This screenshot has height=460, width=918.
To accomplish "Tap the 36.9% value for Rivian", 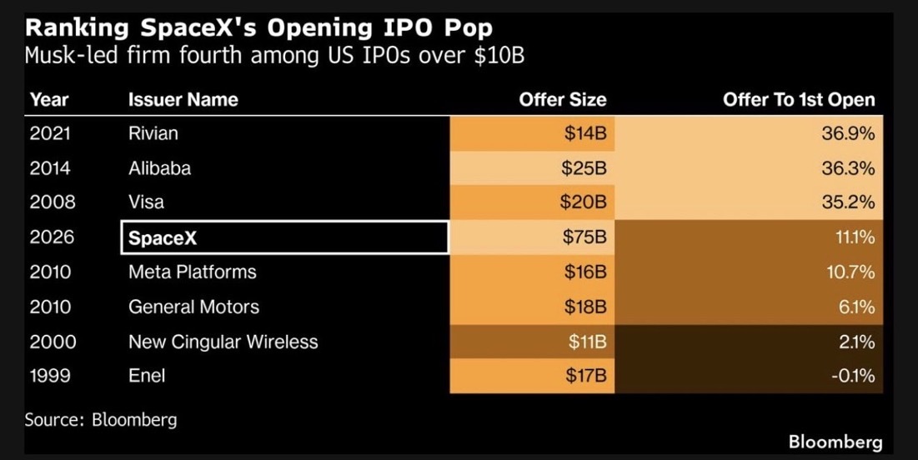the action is click(848, 133).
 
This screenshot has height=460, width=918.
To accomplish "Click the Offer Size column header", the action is click(563, 99).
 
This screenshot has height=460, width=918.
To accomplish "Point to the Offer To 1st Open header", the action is click(799, 99).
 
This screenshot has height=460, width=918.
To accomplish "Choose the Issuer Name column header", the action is click(183, 99).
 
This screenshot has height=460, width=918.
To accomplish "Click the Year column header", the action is click(49, 99).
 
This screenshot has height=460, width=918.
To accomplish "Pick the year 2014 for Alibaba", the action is click(50, 168).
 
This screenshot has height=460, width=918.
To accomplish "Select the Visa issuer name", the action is click(147, 202).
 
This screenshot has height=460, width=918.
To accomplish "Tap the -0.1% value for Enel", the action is click(853, 375).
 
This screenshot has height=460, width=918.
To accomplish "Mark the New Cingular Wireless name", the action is click(223, 341).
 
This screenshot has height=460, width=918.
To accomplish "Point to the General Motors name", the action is click(193, 307).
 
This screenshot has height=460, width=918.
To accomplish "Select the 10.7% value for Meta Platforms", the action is click(850, 272).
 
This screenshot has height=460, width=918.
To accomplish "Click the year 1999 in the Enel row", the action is click(50, 375).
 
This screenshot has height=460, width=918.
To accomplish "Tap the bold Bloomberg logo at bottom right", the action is click(835, 442).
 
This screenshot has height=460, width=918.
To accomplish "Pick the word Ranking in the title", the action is click(77, 28).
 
